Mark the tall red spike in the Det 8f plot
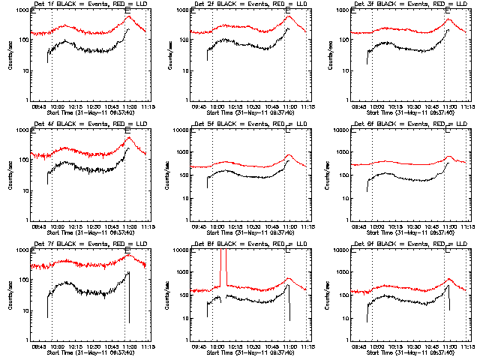[x=223, y=266]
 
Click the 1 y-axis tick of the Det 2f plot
[x=191, y=100]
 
